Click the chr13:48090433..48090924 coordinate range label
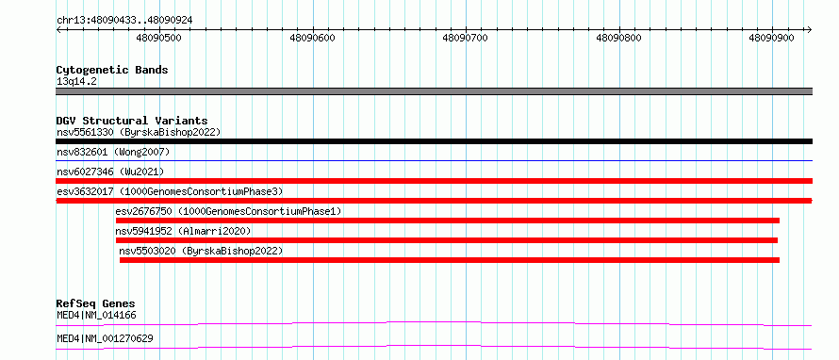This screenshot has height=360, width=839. point(124,20)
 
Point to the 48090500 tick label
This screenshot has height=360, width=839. point(159,38)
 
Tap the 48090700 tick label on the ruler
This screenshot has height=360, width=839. point(466,38)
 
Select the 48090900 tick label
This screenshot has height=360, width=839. point(772,38)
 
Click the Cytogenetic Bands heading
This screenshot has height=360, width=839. point(112,70)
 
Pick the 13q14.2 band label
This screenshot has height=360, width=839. point(77,82)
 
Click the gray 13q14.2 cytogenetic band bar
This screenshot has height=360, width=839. point(434,91)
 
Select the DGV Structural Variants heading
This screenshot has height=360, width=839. point(132,121)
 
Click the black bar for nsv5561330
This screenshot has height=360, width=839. point(434,141)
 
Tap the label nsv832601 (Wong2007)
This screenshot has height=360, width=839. point(113,153)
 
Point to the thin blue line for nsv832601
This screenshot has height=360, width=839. point(434,160)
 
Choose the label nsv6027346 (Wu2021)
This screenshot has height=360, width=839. point(110,172)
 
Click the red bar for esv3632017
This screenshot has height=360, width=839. point(434,201)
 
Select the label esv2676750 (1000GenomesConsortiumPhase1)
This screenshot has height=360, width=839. point(228,211)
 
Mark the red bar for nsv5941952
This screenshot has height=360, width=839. point(447,240)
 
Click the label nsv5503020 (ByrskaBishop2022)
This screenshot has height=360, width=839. point(201,251)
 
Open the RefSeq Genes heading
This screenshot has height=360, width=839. point(96,303)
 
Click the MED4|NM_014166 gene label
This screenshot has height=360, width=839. point(96,315)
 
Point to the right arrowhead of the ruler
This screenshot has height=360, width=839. point(810,30)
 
